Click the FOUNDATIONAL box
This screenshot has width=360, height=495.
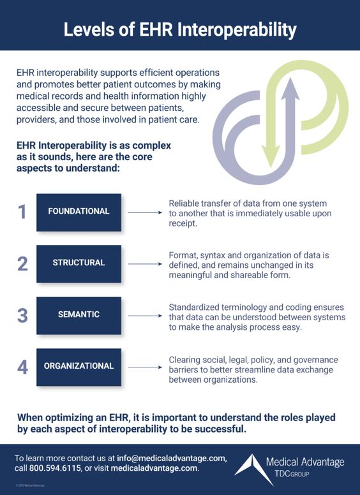[79, 211]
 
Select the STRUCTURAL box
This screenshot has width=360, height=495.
[79, 263]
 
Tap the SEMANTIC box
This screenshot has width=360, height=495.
[79, 314]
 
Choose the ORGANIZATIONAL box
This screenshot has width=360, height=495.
[79, 366]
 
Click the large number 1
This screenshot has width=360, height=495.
[22, 212]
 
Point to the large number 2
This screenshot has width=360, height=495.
[22, 263]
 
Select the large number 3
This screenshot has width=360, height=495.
[22, 314]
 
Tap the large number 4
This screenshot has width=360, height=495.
[22, 366]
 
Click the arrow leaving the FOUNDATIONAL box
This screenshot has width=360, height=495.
[145, 211]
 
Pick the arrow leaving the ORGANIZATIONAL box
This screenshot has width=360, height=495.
[145, 367]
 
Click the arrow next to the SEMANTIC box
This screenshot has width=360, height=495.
[145, 315]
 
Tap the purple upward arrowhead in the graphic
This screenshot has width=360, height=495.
[290, 89]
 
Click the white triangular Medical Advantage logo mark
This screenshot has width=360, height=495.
[255, 466]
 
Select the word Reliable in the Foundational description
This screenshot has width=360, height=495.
[184, 202]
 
